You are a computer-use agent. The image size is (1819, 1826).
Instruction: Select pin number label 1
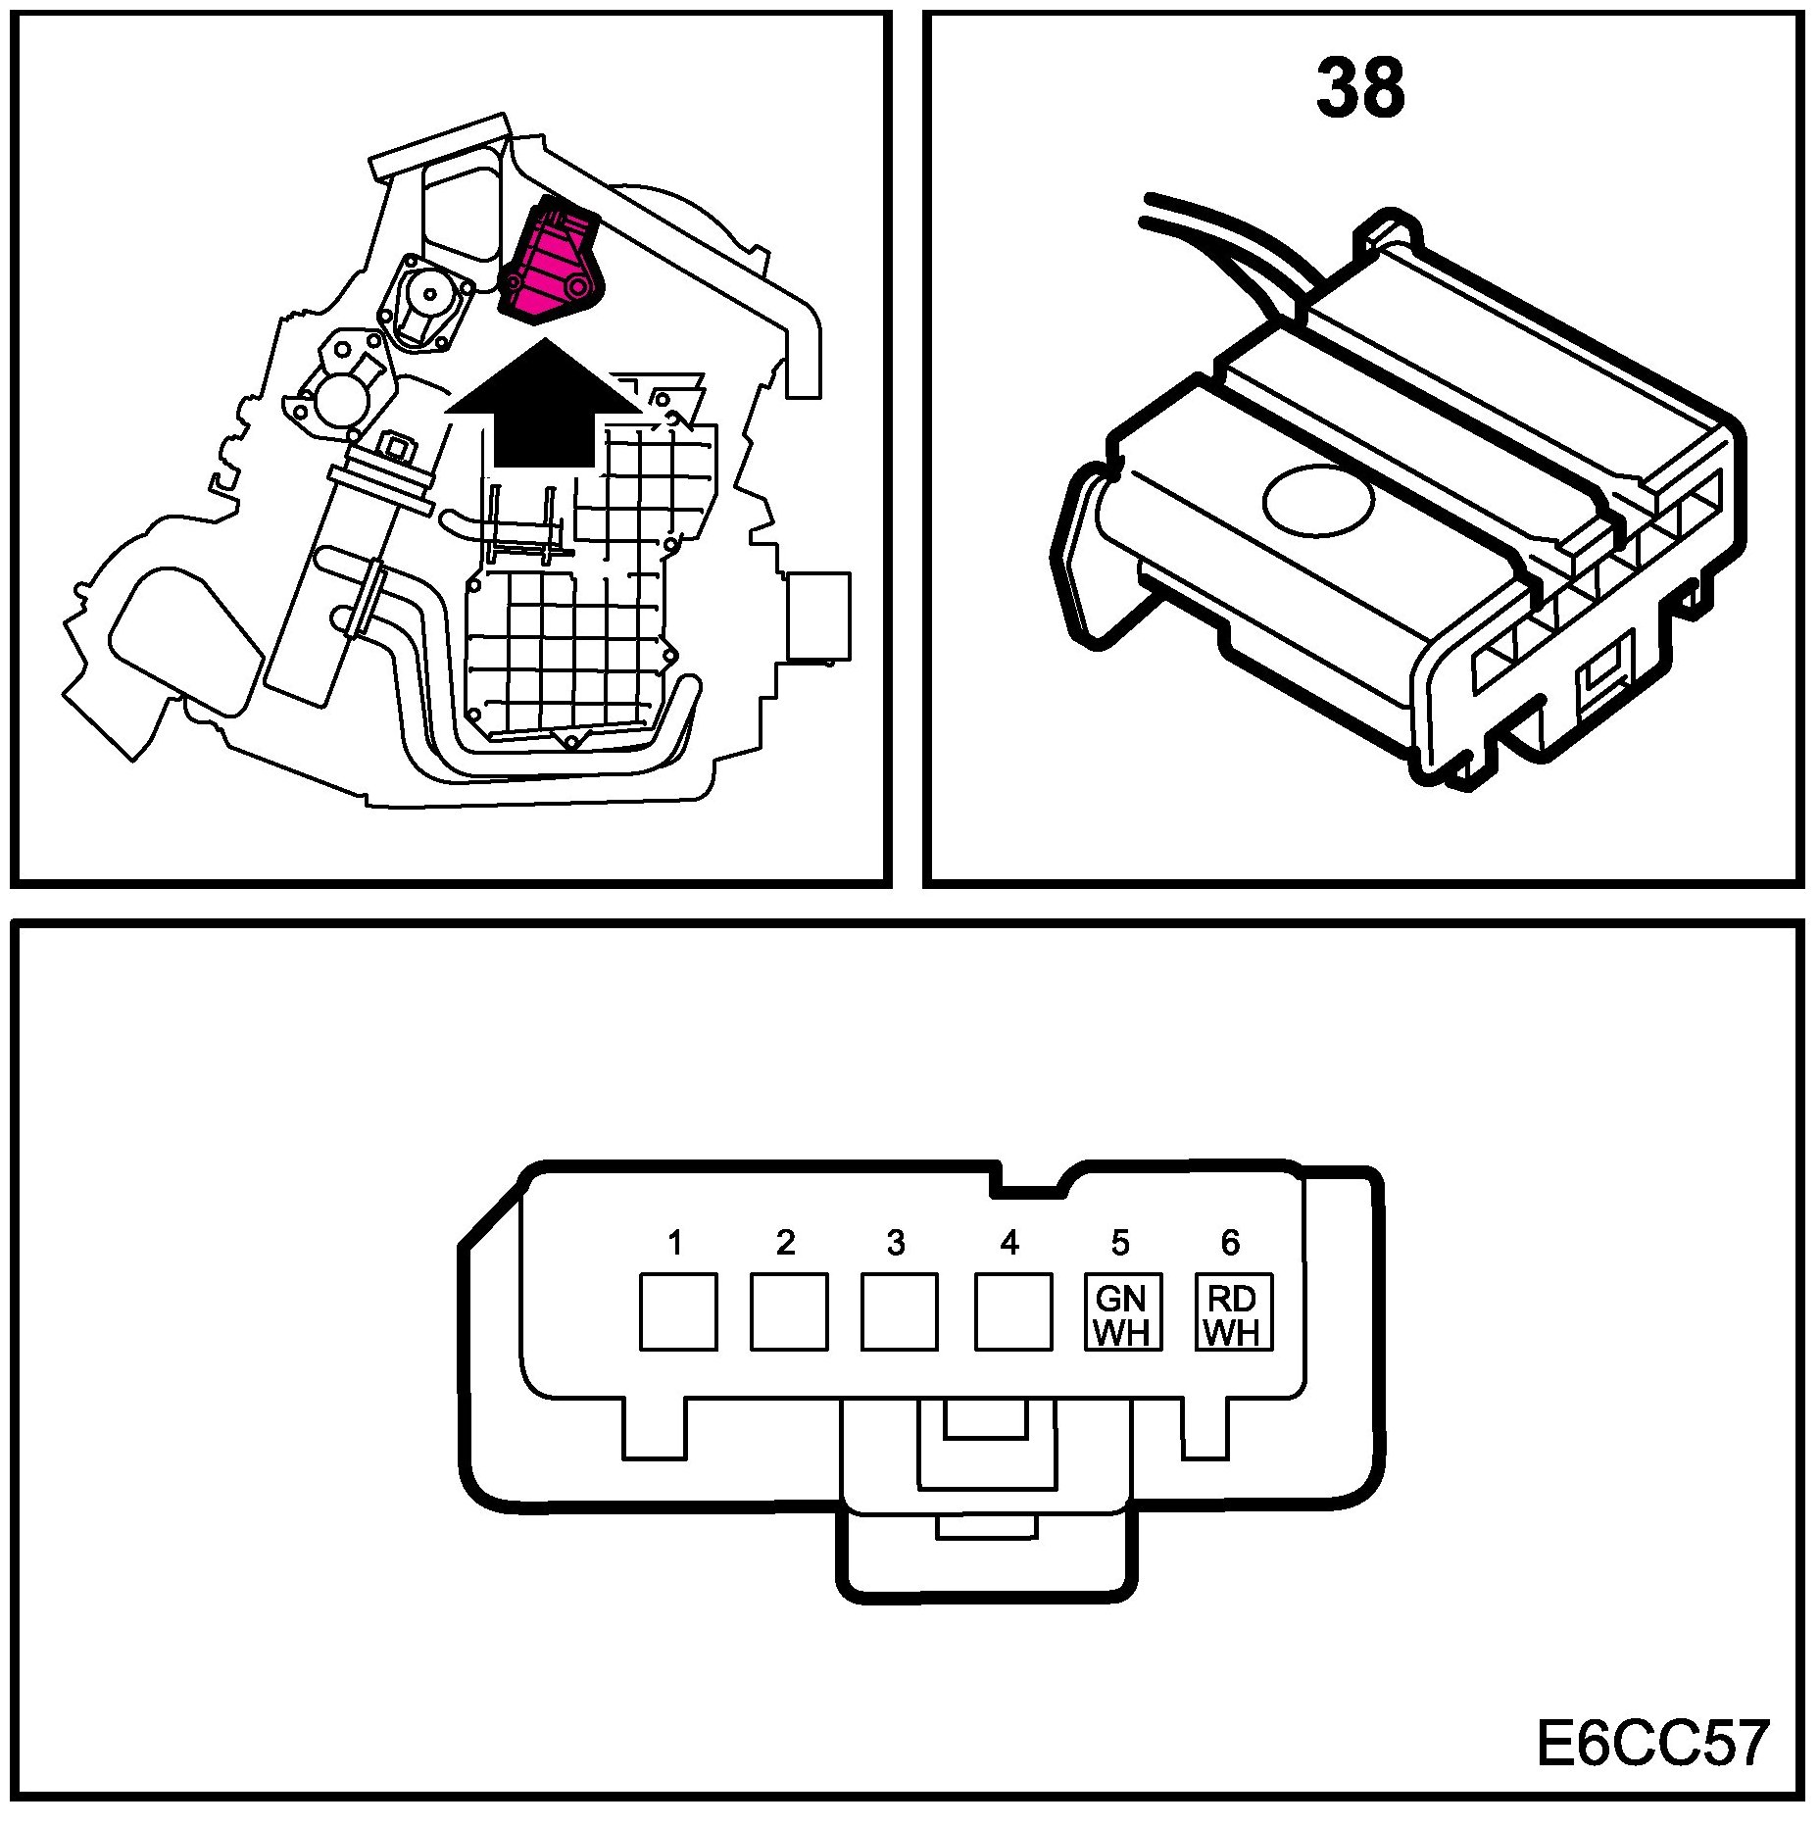(x=674, y=1243)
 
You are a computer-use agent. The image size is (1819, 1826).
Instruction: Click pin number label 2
(x=785, y=1243)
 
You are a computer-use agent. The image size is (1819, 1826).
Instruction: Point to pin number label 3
(x=896, y=1243)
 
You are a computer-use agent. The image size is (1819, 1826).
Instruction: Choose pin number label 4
(x=1009, y=1243)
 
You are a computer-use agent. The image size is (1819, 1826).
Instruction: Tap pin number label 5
(x=1120, y=1243)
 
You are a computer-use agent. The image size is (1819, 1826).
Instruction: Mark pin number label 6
(x=1230, y=1243)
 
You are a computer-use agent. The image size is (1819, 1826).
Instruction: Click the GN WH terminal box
(x=1122, y=1312)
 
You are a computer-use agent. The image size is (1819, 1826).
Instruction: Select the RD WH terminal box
(x=1233, y=1312)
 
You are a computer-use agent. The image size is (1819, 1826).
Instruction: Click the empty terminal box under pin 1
(x=678, y=1312)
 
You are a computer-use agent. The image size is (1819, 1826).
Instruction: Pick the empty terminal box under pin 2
(x=789, y=1312)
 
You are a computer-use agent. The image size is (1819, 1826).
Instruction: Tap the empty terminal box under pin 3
(x=899, y=1312)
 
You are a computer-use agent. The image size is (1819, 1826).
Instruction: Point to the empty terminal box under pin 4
(x=1012, y=1312)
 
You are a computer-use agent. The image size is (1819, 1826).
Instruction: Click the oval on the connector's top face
(x=1318, y=500)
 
